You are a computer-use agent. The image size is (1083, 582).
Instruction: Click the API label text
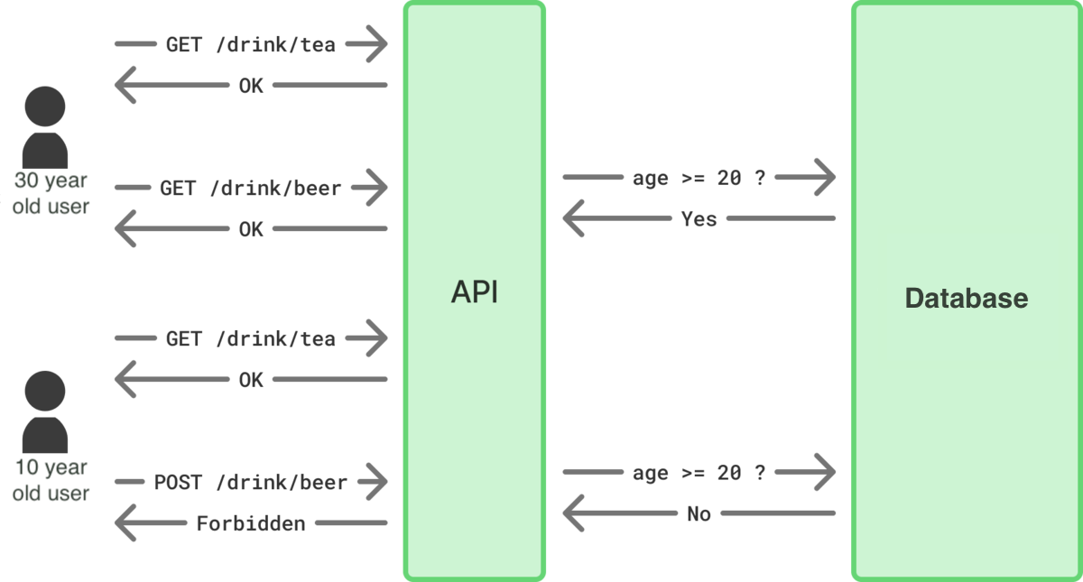coord(475,292)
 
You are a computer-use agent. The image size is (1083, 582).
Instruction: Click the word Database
coord(966,298)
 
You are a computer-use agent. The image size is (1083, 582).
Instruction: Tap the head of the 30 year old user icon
coord(45,107)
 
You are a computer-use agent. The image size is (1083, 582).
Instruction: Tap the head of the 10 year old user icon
coord(45,392)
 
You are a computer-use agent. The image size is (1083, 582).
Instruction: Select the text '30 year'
coord(51,180)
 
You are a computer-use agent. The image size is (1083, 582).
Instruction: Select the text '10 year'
coord(51,467)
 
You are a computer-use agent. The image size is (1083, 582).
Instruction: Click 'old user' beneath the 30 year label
coord(51,206)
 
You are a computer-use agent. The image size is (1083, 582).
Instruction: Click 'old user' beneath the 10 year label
coord(51,494)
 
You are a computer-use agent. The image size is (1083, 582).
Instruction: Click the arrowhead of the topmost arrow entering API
coord(379,43)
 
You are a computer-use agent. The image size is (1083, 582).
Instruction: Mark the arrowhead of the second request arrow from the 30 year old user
coord(379,188)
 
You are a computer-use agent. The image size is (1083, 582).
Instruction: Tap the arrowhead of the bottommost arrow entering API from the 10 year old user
coord(379,482)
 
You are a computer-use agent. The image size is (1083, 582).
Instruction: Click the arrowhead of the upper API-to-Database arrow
coord(827,178)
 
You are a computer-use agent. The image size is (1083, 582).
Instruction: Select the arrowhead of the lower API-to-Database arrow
coord(827,472)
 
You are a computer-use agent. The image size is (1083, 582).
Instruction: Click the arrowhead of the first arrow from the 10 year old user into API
coord(379,338)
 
